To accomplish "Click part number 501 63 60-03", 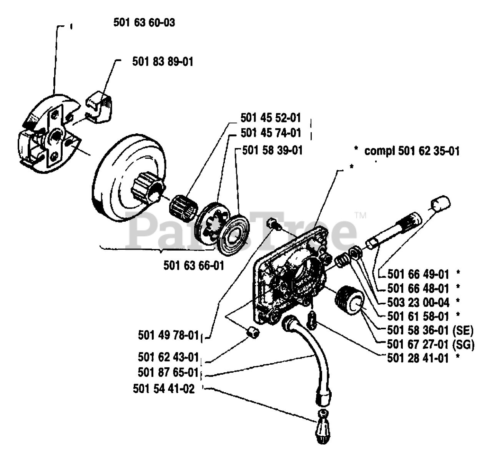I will tap(144, 23).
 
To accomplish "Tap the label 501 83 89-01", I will tap(163, 61).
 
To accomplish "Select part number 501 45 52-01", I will tap(271, 118).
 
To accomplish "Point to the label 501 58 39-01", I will tap(273, 150).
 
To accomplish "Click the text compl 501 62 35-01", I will tap(412, 151).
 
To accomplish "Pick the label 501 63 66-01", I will tap(194, 266).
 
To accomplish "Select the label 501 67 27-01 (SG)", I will tap(431, 345).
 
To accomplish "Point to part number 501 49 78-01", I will tap(168, 335).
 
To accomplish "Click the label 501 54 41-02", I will tap(164, 389).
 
